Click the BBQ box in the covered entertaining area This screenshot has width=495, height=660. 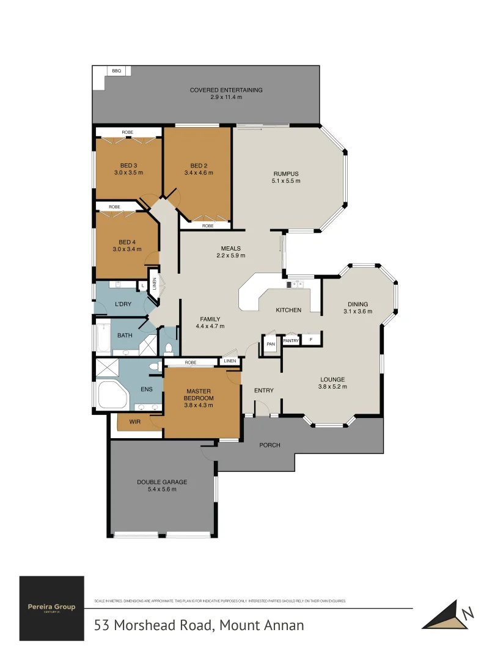[116, 71]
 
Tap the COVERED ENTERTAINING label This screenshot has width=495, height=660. [226, 90]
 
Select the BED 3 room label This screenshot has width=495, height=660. [128, 166]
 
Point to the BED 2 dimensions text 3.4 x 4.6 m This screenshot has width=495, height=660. [199, 173]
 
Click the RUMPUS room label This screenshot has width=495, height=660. [286, 174]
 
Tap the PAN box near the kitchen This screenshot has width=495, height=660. [271, 344]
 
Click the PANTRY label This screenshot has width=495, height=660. [291, 341]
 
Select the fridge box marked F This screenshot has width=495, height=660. [311, 339]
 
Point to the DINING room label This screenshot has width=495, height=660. [358, 304]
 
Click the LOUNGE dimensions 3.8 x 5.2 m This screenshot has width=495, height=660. [332, 386]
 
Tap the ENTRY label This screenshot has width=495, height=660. [264, 391]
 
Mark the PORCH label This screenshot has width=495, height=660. [269, 445]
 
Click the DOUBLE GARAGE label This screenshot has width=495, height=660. [162, 482]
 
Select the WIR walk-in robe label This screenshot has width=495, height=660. [136, 422]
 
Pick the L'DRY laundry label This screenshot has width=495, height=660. [123, 304]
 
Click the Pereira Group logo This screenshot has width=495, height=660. [52, 608]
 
